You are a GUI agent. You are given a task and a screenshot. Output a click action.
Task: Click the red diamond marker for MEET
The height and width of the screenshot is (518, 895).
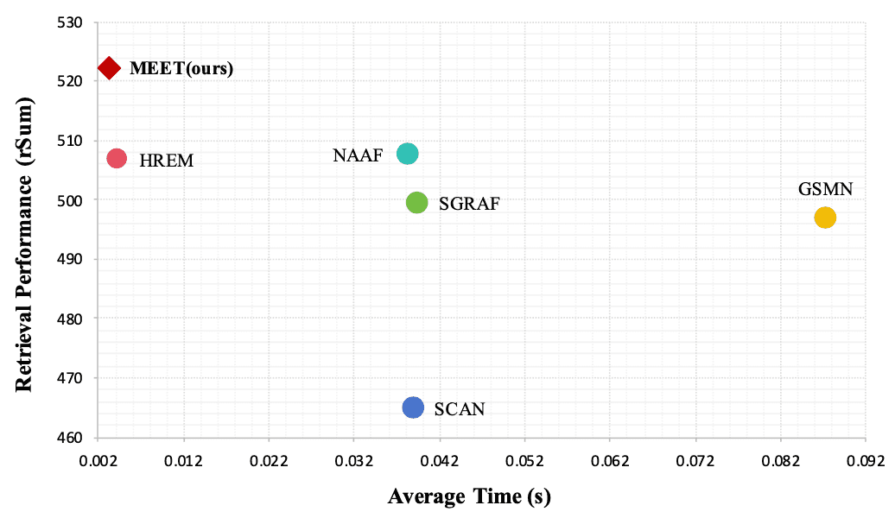[110, 67]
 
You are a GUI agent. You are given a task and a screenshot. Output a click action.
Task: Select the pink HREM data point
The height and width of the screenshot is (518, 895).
[117, 158]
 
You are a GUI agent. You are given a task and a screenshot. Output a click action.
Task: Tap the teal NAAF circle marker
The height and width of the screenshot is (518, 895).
[407, 154]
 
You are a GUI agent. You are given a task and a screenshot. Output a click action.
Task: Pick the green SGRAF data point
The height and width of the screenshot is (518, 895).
[417, 202]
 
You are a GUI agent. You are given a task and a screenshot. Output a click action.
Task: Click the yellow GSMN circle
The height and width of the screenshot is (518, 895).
[825, 217]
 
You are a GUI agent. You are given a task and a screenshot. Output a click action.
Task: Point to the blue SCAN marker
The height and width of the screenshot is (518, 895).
[413, 407]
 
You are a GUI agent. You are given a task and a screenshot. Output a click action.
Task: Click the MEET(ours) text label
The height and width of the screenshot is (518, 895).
[181, 68]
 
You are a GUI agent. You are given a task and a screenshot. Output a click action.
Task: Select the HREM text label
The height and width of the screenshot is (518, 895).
[166, 161]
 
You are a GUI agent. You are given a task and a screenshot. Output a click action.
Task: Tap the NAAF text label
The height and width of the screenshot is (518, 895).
[358, 156]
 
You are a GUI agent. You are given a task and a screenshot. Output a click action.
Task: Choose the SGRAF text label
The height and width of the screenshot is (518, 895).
[469, 205]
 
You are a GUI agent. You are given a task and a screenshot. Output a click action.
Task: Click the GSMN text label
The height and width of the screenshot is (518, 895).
[825, 190]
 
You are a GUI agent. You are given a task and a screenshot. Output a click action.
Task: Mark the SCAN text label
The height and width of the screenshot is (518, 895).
[460, 409]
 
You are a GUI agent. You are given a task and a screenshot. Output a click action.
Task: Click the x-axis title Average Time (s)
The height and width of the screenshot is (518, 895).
[469, 496]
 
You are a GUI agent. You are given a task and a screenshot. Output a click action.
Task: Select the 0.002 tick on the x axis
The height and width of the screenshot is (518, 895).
[98, 458]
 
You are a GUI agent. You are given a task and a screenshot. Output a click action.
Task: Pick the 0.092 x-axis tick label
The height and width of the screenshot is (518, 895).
[865, 458]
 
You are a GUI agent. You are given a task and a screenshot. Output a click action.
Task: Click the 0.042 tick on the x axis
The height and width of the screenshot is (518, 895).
[439, 458]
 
